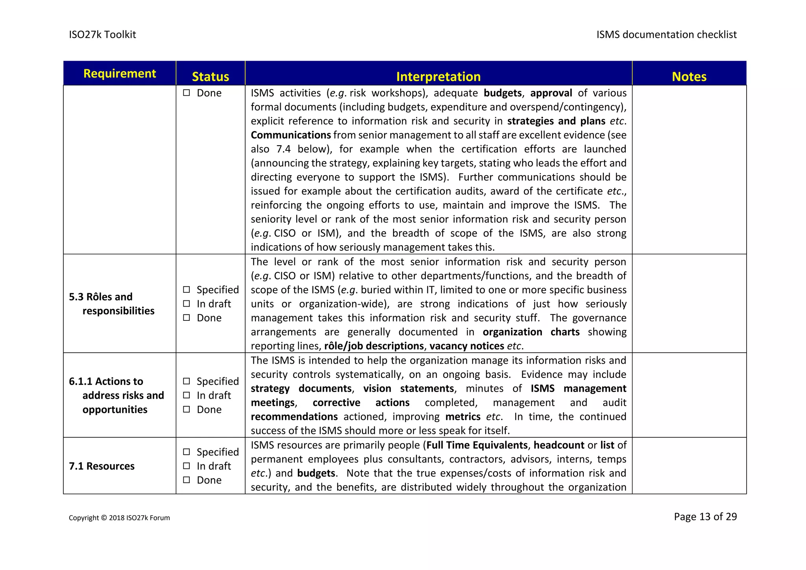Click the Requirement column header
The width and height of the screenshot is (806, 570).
click(120, 74)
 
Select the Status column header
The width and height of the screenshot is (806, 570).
click(210, 76)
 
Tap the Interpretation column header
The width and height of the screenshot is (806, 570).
click(438, 76)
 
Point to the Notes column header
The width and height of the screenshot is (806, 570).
click(689, 76)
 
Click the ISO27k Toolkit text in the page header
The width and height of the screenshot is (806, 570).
click(102, 35)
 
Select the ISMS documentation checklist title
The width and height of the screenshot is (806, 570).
click(666, 35)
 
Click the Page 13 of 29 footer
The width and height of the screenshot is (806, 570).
click(705, 516)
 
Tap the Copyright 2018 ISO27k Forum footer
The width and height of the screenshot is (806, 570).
click(119, 518)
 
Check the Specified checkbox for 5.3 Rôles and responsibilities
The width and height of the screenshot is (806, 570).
click(187, 290)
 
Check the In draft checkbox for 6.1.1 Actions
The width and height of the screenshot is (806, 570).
click(187, 395)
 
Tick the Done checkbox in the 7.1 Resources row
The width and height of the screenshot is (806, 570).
click(187, 480)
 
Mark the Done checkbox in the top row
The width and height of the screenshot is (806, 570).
click(187, 93)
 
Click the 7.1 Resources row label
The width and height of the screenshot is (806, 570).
click(102, 466)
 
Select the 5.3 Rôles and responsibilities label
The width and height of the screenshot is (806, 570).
click(112, 304)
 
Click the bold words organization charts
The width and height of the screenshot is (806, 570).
click(531, 332)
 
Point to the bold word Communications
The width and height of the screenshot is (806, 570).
click(290, 135)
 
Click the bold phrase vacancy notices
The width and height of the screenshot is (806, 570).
click(466, 346)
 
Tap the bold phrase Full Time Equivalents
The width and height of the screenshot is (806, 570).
click(477, 445)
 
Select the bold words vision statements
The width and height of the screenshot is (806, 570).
click(408, 389)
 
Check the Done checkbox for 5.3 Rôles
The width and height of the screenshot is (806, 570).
click(187, 318)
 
